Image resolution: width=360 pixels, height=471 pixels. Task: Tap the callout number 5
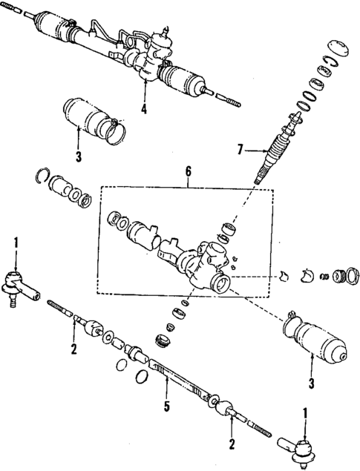pos(167,406)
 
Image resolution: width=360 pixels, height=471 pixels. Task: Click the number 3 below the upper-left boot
pos(78,157)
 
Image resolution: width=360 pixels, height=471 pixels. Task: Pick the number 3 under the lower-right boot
pos(311,383)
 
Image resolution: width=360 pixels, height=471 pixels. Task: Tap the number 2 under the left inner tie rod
pos(74,349)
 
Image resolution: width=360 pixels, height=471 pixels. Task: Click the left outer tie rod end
pos(18,286)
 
